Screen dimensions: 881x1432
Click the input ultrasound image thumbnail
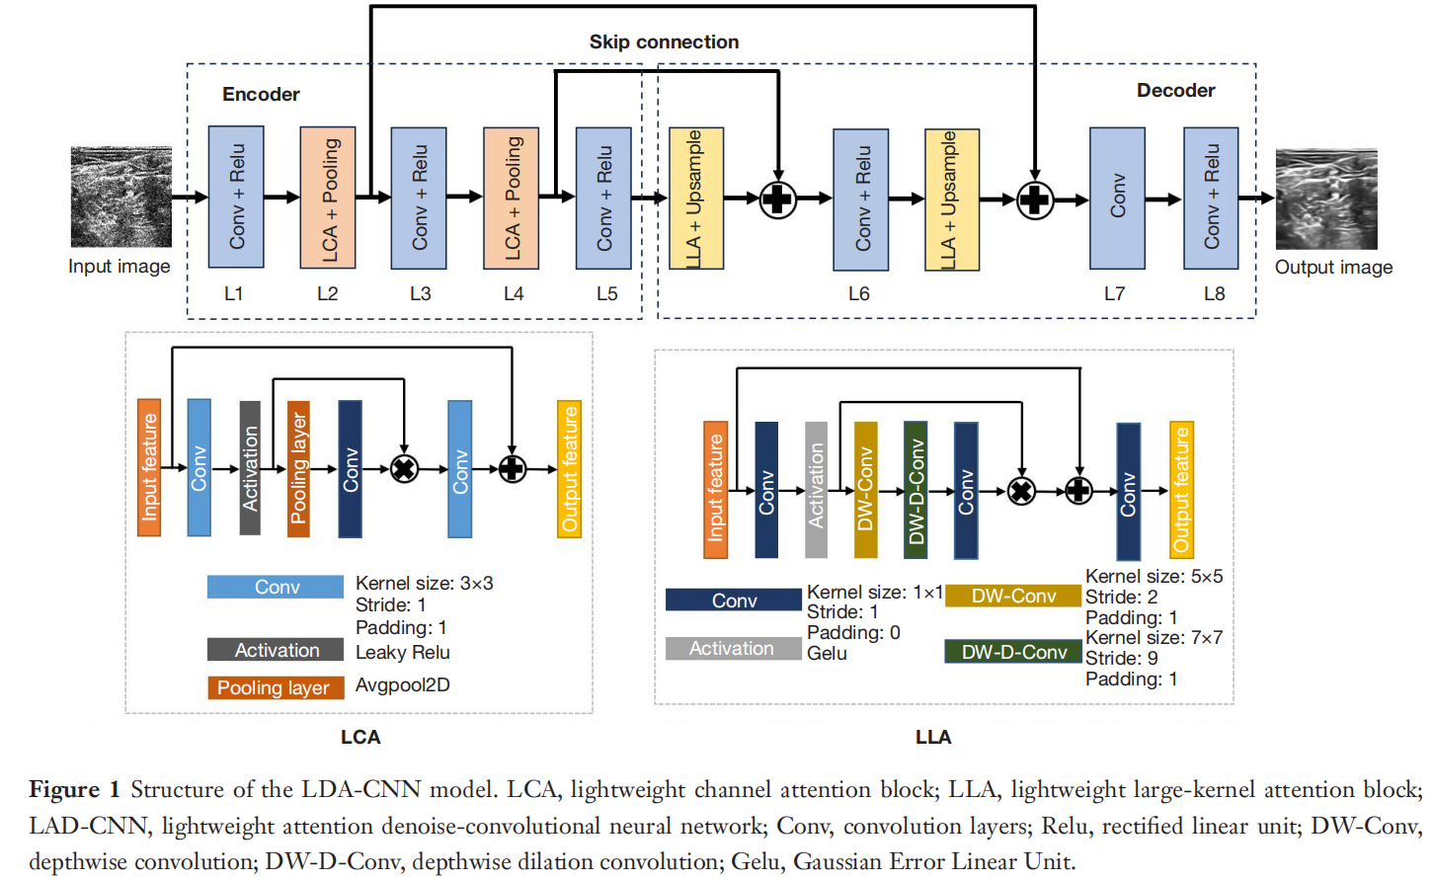coord(120,197)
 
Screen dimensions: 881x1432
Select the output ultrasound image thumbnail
coord(1325,199)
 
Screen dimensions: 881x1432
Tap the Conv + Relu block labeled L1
coord(236,197)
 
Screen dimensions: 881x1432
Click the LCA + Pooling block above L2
coord(328,198)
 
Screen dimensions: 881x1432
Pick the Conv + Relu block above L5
coord(603,198)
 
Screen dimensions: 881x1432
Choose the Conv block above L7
coord(1117,198)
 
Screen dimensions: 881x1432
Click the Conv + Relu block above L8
coord(1211,198)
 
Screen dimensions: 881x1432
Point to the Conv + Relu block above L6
coord(860,199)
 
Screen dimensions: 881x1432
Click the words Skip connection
coord(664,41)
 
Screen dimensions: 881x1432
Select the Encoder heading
coord(261,94)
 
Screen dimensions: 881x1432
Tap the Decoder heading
coord(1175,90)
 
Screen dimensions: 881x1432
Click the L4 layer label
coord(514,293)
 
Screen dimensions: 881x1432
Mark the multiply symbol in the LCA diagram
coord(404,468)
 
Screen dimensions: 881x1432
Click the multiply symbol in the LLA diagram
coord(1021,490)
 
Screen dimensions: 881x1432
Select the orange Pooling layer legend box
coord(275,687)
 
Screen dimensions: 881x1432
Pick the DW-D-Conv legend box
coord(1013,652)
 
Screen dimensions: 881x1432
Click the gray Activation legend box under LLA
coord(732,648)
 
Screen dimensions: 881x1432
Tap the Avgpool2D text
coord(402,684)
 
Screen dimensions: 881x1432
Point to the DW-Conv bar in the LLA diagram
coord(865,490)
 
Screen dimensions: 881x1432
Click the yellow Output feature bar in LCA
coord(569,469)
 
